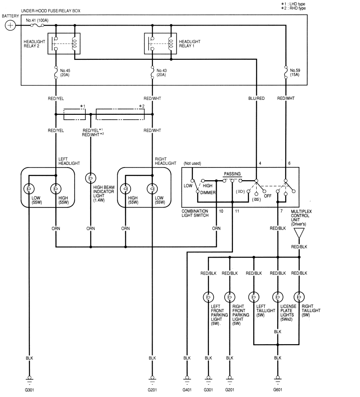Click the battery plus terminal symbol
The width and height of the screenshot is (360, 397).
point(11,25)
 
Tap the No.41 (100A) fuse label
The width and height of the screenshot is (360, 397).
point(37,20)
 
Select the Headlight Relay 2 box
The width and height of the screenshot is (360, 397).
point(64,44)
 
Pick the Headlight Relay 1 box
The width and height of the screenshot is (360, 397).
point(160,44)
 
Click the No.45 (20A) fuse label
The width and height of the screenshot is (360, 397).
point(65,73)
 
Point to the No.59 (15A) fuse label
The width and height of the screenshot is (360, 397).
point(295,73)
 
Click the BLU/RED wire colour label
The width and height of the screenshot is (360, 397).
point(256,98)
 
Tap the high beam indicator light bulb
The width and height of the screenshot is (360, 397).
point(91,178)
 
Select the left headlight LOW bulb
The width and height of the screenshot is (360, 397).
point(29,189)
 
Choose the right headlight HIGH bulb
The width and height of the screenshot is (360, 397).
point(126,189)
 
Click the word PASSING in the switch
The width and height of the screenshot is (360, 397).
point(232,174)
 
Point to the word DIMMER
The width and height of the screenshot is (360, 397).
point(207,193)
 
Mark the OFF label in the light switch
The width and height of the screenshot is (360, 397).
point(268,196)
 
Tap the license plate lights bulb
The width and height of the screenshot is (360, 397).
point(278,297)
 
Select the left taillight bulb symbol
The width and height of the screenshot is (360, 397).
point(254,297)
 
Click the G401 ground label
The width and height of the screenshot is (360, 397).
point(187,390)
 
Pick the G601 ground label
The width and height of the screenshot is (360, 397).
point(278,390)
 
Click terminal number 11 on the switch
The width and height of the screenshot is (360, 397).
point(237,211)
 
